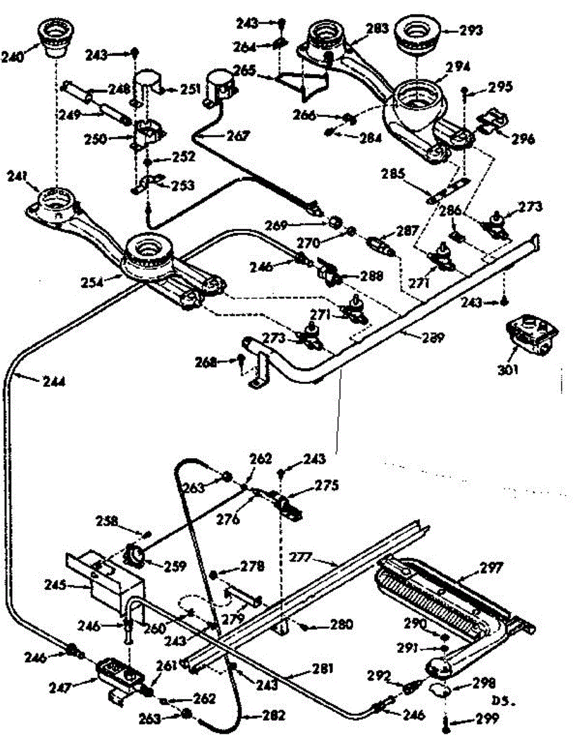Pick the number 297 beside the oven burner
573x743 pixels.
coord(492,568)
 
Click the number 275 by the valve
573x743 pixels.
coord(326,486)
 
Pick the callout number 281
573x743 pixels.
coord(321,669)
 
